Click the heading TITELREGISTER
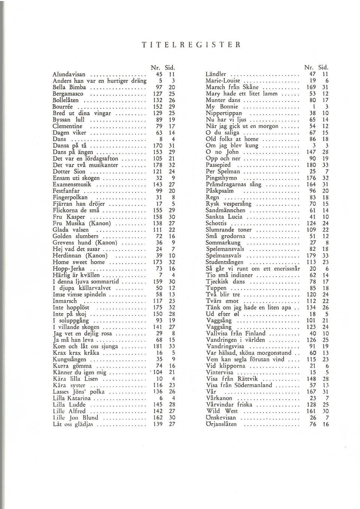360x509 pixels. (191, 45)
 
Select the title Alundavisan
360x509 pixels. (69, 75)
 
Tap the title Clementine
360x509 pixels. (67, 126)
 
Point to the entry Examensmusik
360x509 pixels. (72, 185)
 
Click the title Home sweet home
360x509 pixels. (79, 262)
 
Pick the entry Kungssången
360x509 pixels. (69, 359)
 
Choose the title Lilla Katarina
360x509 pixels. (72, 398)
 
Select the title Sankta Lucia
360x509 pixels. (224, 217)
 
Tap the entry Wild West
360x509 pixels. (222, 411)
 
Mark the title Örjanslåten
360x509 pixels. (221, 424)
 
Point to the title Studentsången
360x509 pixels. (225, 262)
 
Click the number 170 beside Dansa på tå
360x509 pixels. (158, 146)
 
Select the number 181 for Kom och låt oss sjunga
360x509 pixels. (158, 346)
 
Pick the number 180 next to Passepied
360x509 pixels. (310, 165)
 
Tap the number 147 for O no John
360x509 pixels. (310, 152)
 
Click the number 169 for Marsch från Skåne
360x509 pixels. (310, 87)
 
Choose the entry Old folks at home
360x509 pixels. (232, 139)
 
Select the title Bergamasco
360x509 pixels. (68, 94)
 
